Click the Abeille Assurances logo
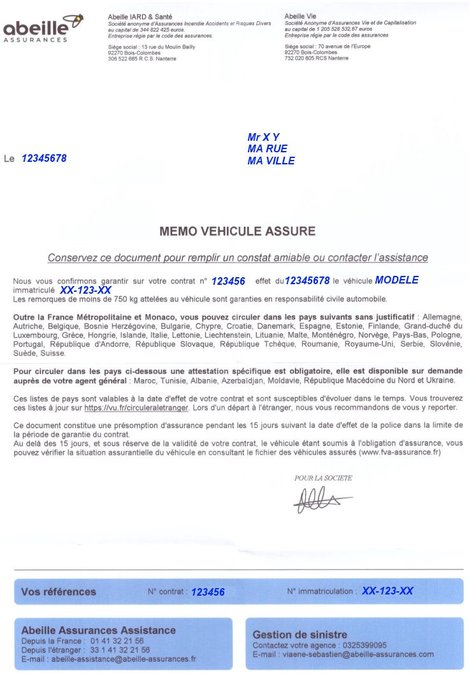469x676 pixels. [43, 29]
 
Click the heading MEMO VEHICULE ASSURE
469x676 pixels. [238, 231]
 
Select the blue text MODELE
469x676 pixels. [396, 280]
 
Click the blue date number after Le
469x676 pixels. [44, 158]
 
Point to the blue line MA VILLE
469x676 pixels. [271, 161]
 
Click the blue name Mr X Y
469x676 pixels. [263, 137]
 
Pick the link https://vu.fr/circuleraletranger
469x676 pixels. [136, 407]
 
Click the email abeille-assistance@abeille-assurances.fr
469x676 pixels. [124, 659]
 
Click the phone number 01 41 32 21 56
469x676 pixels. [117, 641]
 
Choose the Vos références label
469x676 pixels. [59, 591]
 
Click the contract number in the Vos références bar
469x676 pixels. [208, 592]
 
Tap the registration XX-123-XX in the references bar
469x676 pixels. [387, 591]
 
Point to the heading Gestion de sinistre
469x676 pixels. [299, 635]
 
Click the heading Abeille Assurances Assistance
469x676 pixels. [98, 630]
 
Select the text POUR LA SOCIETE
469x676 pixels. [323, 478]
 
